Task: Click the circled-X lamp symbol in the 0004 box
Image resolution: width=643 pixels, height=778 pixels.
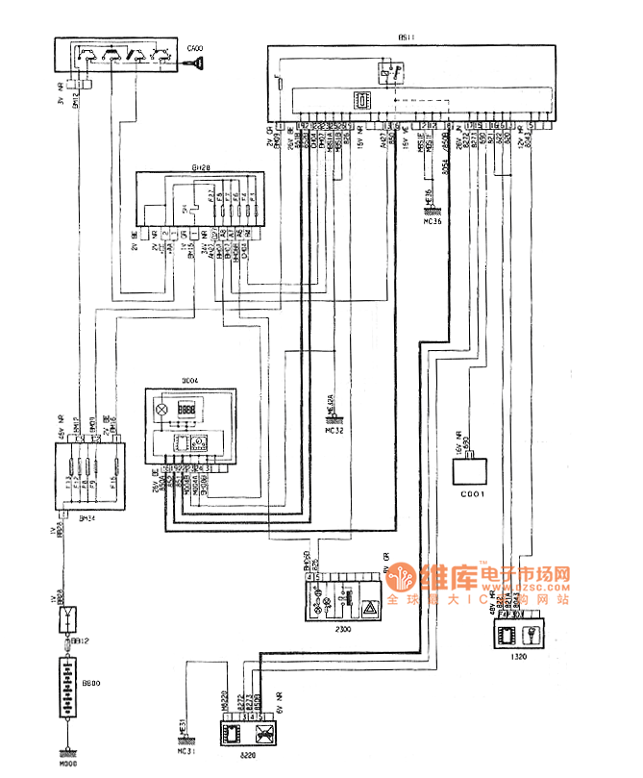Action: point(161,410)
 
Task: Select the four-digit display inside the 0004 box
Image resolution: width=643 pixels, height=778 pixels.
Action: point(188,409)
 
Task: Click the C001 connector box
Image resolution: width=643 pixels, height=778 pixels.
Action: point(471,472)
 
